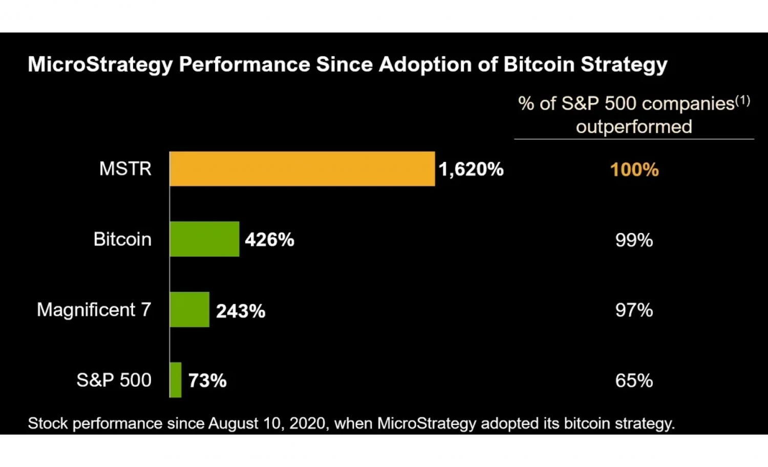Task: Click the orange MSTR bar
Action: [x=302, y=168]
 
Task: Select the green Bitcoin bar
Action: [x=204, y=239]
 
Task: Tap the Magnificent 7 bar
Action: [x=189, y=309]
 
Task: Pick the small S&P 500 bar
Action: [x=176, y=380]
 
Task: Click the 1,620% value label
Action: [x=471, y=169]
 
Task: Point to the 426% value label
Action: [x=269, y=240]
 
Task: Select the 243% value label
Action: [x=241, y=311]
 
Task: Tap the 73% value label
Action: [x=207, y=380]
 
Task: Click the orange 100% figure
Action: [x=634, y=169]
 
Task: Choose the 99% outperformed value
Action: [x=634, y=240]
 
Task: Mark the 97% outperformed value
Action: [x=634, y=310]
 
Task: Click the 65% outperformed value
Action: [x=634, y=380]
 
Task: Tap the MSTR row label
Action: [x=125, y=168]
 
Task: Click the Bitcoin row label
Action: [x=122, y=239]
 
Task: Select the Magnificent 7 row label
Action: [x=94, y=309]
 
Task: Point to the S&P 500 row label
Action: [x=114, y=380]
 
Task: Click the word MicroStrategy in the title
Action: [x=100, y=65]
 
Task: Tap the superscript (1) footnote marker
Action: [x=743, y=100]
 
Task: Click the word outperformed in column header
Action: [x=634, y=126]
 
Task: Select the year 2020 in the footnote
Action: [x=307, y=423]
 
